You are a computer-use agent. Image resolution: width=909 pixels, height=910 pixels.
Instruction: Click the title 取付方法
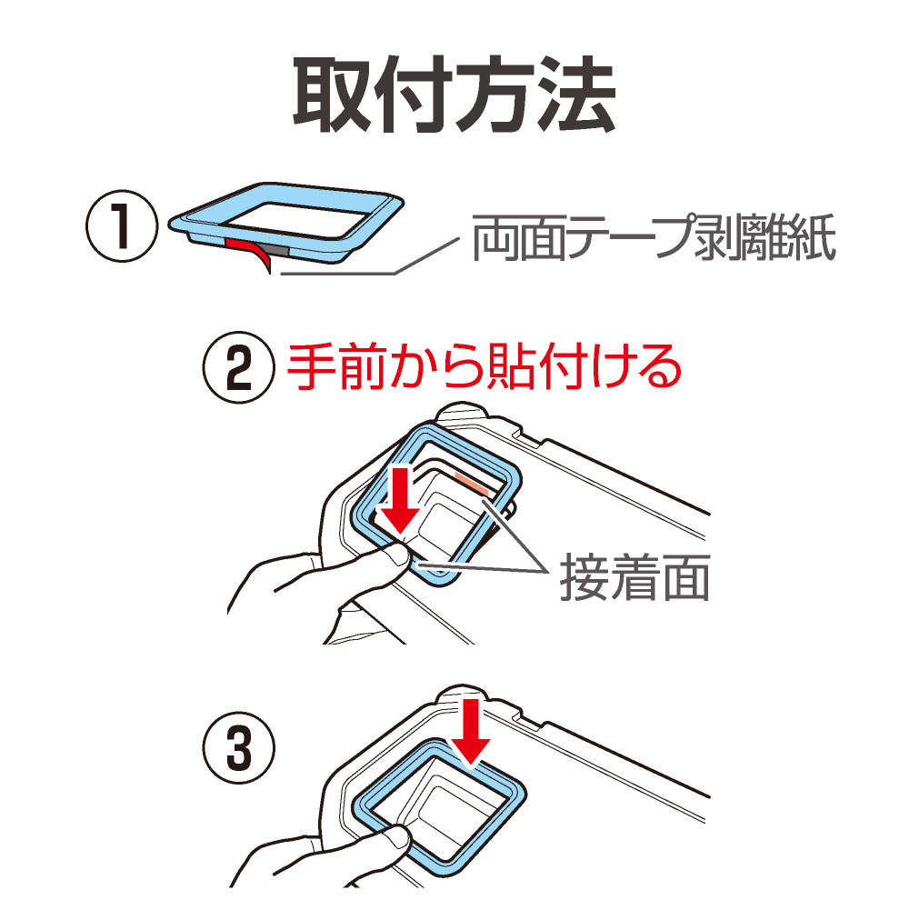coord(454,95)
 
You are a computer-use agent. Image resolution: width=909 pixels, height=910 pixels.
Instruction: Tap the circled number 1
coord(122,226)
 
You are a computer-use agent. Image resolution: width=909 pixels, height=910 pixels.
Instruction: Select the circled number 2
coord(238,368)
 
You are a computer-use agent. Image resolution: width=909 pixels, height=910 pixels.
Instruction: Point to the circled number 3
coord(238,748)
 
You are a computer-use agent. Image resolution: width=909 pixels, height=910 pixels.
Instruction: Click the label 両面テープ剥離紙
coord(654,238)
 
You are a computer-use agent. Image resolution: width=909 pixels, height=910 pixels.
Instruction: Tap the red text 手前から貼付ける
coord(484,366)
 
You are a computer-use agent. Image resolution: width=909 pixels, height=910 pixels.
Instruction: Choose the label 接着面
coord(634,577)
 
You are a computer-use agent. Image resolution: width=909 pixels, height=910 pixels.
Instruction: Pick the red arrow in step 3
coord(471,733)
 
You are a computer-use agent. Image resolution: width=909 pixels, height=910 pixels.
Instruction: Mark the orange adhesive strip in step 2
coord(472,483)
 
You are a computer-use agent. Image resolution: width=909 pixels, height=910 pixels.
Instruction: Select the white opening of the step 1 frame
coord(297,219)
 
